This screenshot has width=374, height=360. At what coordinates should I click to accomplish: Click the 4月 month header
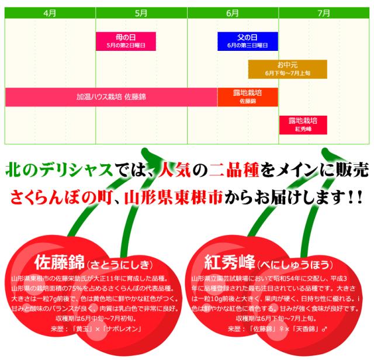coord(50,12)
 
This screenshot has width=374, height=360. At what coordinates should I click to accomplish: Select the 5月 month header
coord(141,12)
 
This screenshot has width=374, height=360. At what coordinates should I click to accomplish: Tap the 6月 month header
coord(233,12)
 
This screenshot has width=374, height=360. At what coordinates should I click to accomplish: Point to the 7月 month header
coord(324,12)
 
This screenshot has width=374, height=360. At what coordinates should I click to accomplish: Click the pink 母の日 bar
coord(126,41)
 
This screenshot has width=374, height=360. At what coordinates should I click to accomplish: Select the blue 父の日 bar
coord(247,41)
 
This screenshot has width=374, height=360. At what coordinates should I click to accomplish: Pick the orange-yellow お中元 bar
coord(288,69)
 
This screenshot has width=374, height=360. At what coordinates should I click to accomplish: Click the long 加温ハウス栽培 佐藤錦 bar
coord(111,96)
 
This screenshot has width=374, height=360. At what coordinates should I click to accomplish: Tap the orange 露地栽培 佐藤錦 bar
coord(247,96)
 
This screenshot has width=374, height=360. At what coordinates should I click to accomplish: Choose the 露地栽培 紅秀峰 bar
coord(303,124)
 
